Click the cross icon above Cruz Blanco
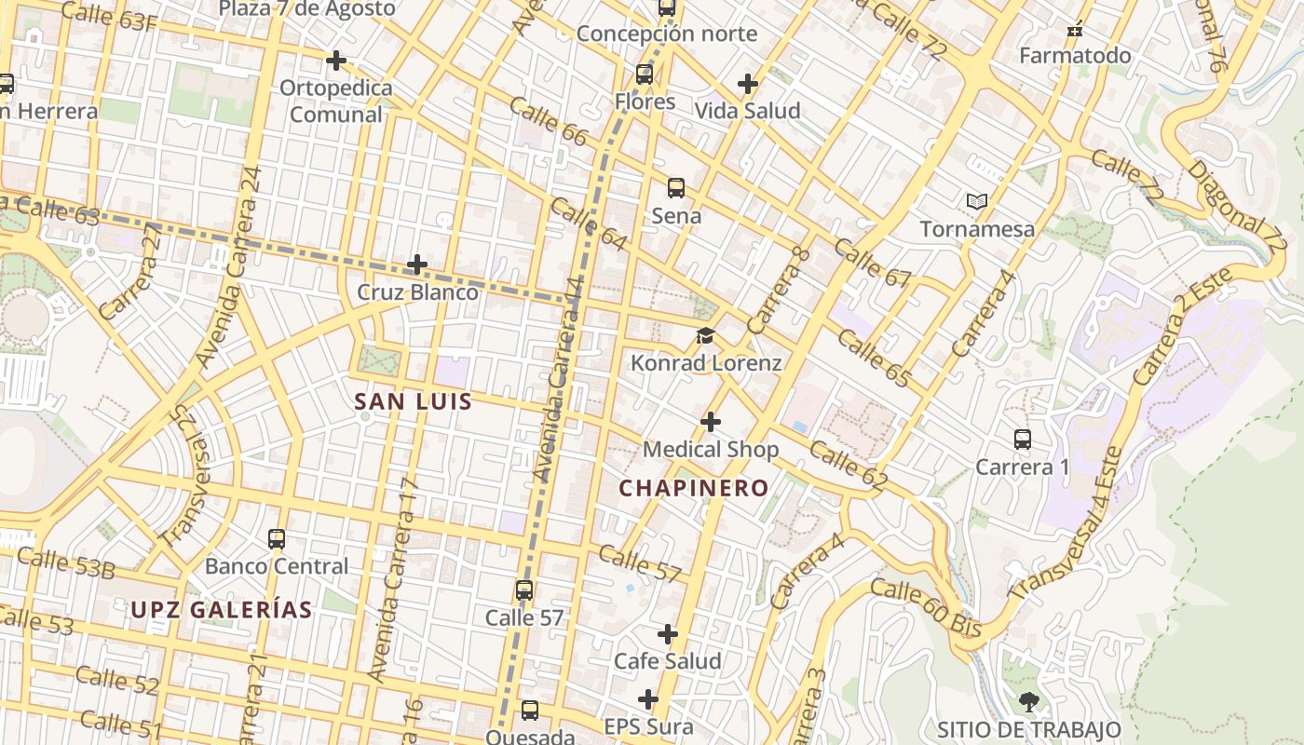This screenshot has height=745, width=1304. pyautogui.click(x=417, y=264)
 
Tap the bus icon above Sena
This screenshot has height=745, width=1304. pyautogui.click(x=676, y=188)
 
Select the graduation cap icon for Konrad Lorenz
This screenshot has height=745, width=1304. pyautogui.click(x=705, y=335)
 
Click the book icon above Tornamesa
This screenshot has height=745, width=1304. pyautogui.click(x=976, y=201)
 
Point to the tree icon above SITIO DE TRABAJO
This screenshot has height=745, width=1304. pyautogui.click(x=1028, y=701)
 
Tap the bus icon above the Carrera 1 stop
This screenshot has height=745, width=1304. pyautogui.click(x=1022, y=439)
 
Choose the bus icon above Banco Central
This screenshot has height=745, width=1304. pyautogui.click(x=277, y=538)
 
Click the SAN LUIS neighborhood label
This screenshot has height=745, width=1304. pyautogui.click(x=414, y=402)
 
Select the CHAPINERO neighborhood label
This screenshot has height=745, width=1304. pyautogui.click(x=694, y=488)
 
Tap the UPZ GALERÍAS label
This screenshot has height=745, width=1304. pyautogui.click(x=222, y=610)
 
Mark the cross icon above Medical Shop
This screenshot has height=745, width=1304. pyautogui.click(x=711, y=422)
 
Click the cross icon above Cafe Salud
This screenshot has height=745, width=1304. pyautogui.click(x=668, y=634)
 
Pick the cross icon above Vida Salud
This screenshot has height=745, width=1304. pyautogui.click(x=747, y=84)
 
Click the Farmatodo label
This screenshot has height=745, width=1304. pyautogui.click(x=1075, y=56)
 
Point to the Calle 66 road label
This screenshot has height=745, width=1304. pyautogui.click(x=549, y=124)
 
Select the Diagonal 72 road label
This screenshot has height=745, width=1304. pyautogui.click(x=1236, y=209)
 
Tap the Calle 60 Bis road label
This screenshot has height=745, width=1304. pyautogui.click(x=926, y=608)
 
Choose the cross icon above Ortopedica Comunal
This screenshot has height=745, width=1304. pyautogui.click(x=336, y=61)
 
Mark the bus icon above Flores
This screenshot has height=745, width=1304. pyautogui.click(x=645, y=74)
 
